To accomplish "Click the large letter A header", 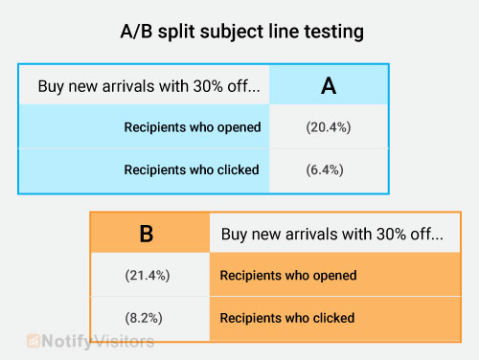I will [x=328, y=85].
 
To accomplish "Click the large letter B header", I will [x=147, y=234].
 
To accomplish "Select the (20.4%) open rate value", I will [x=328, y=127].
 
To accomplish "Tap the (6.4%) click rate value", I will [x=328, y=170].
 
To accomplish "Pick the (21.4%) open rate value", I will [x=148, y=276].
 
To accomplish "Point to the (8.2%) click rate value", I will [x=148, y=318].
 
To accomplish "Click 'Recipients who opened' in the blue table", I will [x=192, y=127].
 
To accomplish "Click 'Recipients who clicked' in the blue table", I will [x=192, y=170].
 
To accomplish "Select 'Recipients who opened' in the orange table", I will [x=288, y=276].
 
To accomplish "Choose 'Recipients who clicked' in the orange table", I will [x=287, y=318].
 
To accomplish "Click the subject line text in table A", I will [x=148, y=86].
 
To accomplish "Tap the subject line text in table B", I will [x=332, y=234].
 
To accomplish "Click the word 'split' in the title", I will [x=175, y=32].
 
